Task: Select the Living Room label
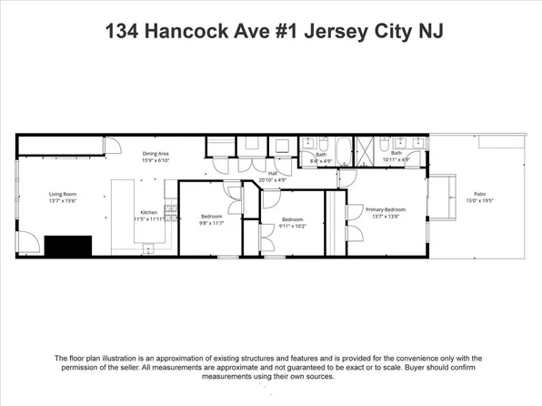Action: click(63, 193)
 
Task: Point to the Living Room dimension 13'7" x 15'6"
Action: click(63, 200)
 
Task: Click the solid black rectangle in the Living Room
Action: click(68, 246)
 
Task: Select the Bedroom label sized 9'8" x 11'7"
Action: click(211, 216)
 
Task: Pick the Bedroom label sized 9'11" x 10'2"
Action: click(291, 218)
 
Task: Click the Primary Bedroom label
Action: click(386, 208)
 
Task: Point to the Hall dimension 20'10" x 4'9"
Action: click(273, 179)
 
